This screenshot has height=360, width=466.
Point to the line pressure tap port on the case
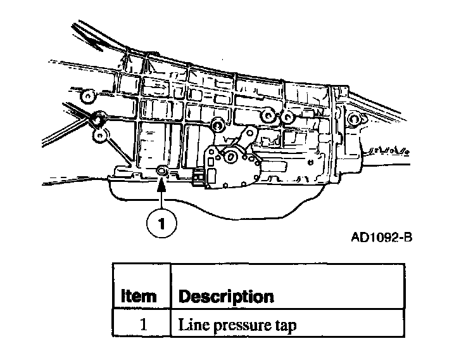click(x=162, y=170)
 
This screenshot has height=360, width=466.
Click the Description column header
click(x=226, y=296)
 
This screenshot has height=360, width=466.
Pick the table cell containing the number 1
click(x=142, y=325)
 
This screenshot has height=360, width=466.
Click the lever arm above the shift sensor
click(x=249, y=136)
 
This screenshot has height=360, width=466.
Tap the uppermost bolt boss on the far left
click(x=88, y=96)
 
